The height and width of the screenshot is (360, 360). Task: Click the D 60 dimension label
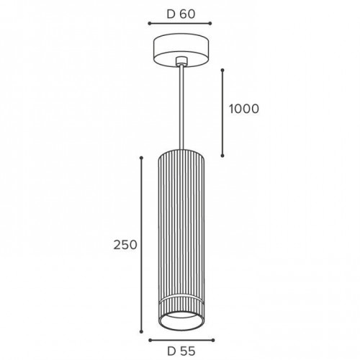coord(181,14)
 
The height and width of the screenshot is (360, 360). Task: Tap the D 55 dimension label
coord(181,351)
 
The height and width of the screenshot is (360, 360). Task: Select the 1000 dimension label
coord(244,109)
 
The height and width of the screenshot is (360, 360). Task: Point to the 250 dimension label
coord(125,245)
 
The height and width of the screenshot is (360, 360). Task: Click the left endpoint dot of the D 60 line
coord(149,23)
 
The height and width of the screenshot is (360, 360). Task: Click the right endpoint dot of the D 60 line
coord(210,23)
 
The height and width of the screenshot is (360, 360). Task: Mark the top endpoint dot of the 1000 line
coord(222,70)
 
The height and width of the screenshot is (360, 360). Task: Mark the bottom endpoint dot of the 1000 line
coord(222,156)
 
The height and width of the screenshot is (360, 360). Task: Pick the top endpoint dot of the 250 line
coord(141,158)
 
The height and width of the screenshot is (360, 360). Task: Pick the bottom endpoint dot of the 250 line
coord(141,332)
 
